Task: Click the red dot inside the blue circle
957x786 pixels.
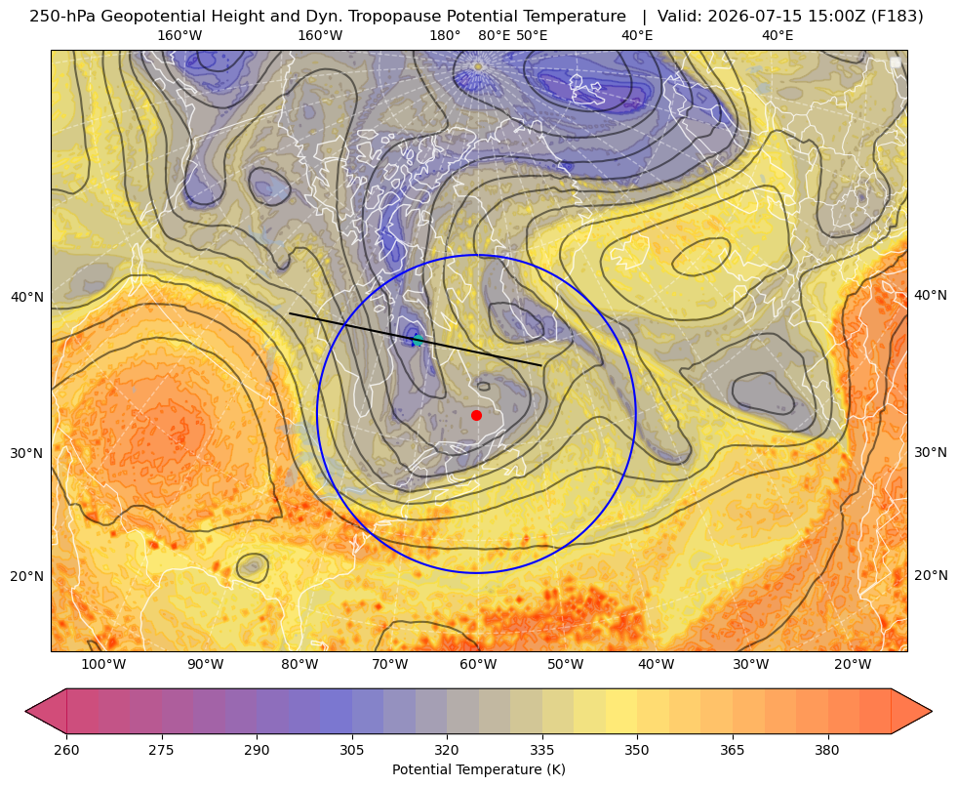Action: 477,415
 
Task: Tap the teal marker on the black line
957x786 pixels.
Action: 418,340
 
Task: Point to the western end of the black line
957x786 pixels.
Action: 290,313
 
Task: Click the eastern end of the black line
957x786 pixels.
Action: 541,365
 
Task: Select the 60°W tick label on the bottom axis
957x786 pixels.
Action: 478,665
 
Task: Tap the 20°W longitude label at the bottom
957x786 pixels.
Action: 853,665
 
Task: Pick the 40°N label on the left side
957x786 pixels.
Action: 27,298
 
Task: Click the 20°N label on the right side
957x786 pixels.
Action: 931,575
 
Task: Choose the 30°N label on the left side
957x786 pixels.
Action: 27,453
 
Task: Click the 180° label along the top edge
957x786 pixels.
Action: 445,35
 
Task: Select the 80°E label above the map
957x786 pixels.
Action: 495,35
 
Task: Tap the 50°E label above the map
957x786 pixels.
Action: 532,35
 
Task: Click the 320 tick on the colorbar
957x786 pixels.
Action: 447,750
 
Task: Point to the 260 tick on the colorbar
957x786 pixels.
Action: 66,750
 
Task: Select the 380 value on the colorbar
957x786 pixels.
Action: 827,750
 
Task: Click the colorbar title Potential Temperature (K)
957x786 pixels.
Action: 478,769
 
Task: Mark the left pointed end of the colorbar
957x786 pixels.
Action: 25,711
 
